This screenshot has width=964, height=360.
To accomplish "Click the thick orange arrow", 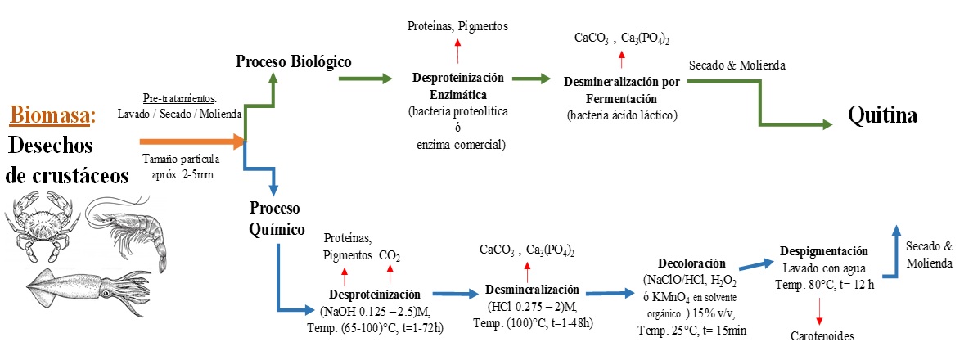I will point(191,142).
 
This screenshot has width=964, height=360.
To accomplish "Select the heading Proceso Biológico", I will point(294,61).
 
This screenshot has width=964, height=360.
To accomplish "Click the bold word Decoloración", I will point(694,263).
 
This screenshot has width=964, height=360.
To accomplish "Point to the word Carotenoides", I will point(822,336).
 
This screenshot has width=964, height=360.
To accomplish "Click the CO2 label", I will point(390,256).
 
